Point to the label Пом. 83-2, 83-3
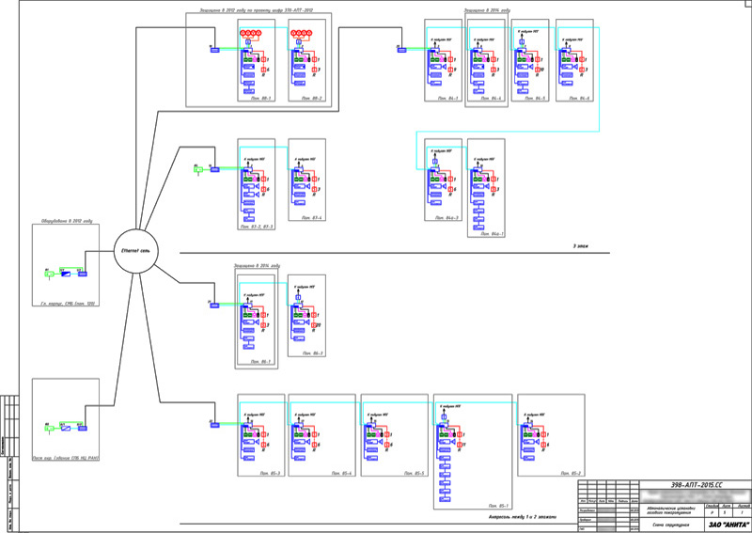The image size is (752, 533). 256,227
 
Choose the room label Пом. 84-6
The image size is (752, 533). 578,99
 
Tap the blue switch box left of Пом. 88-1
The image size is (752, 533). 214,50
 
